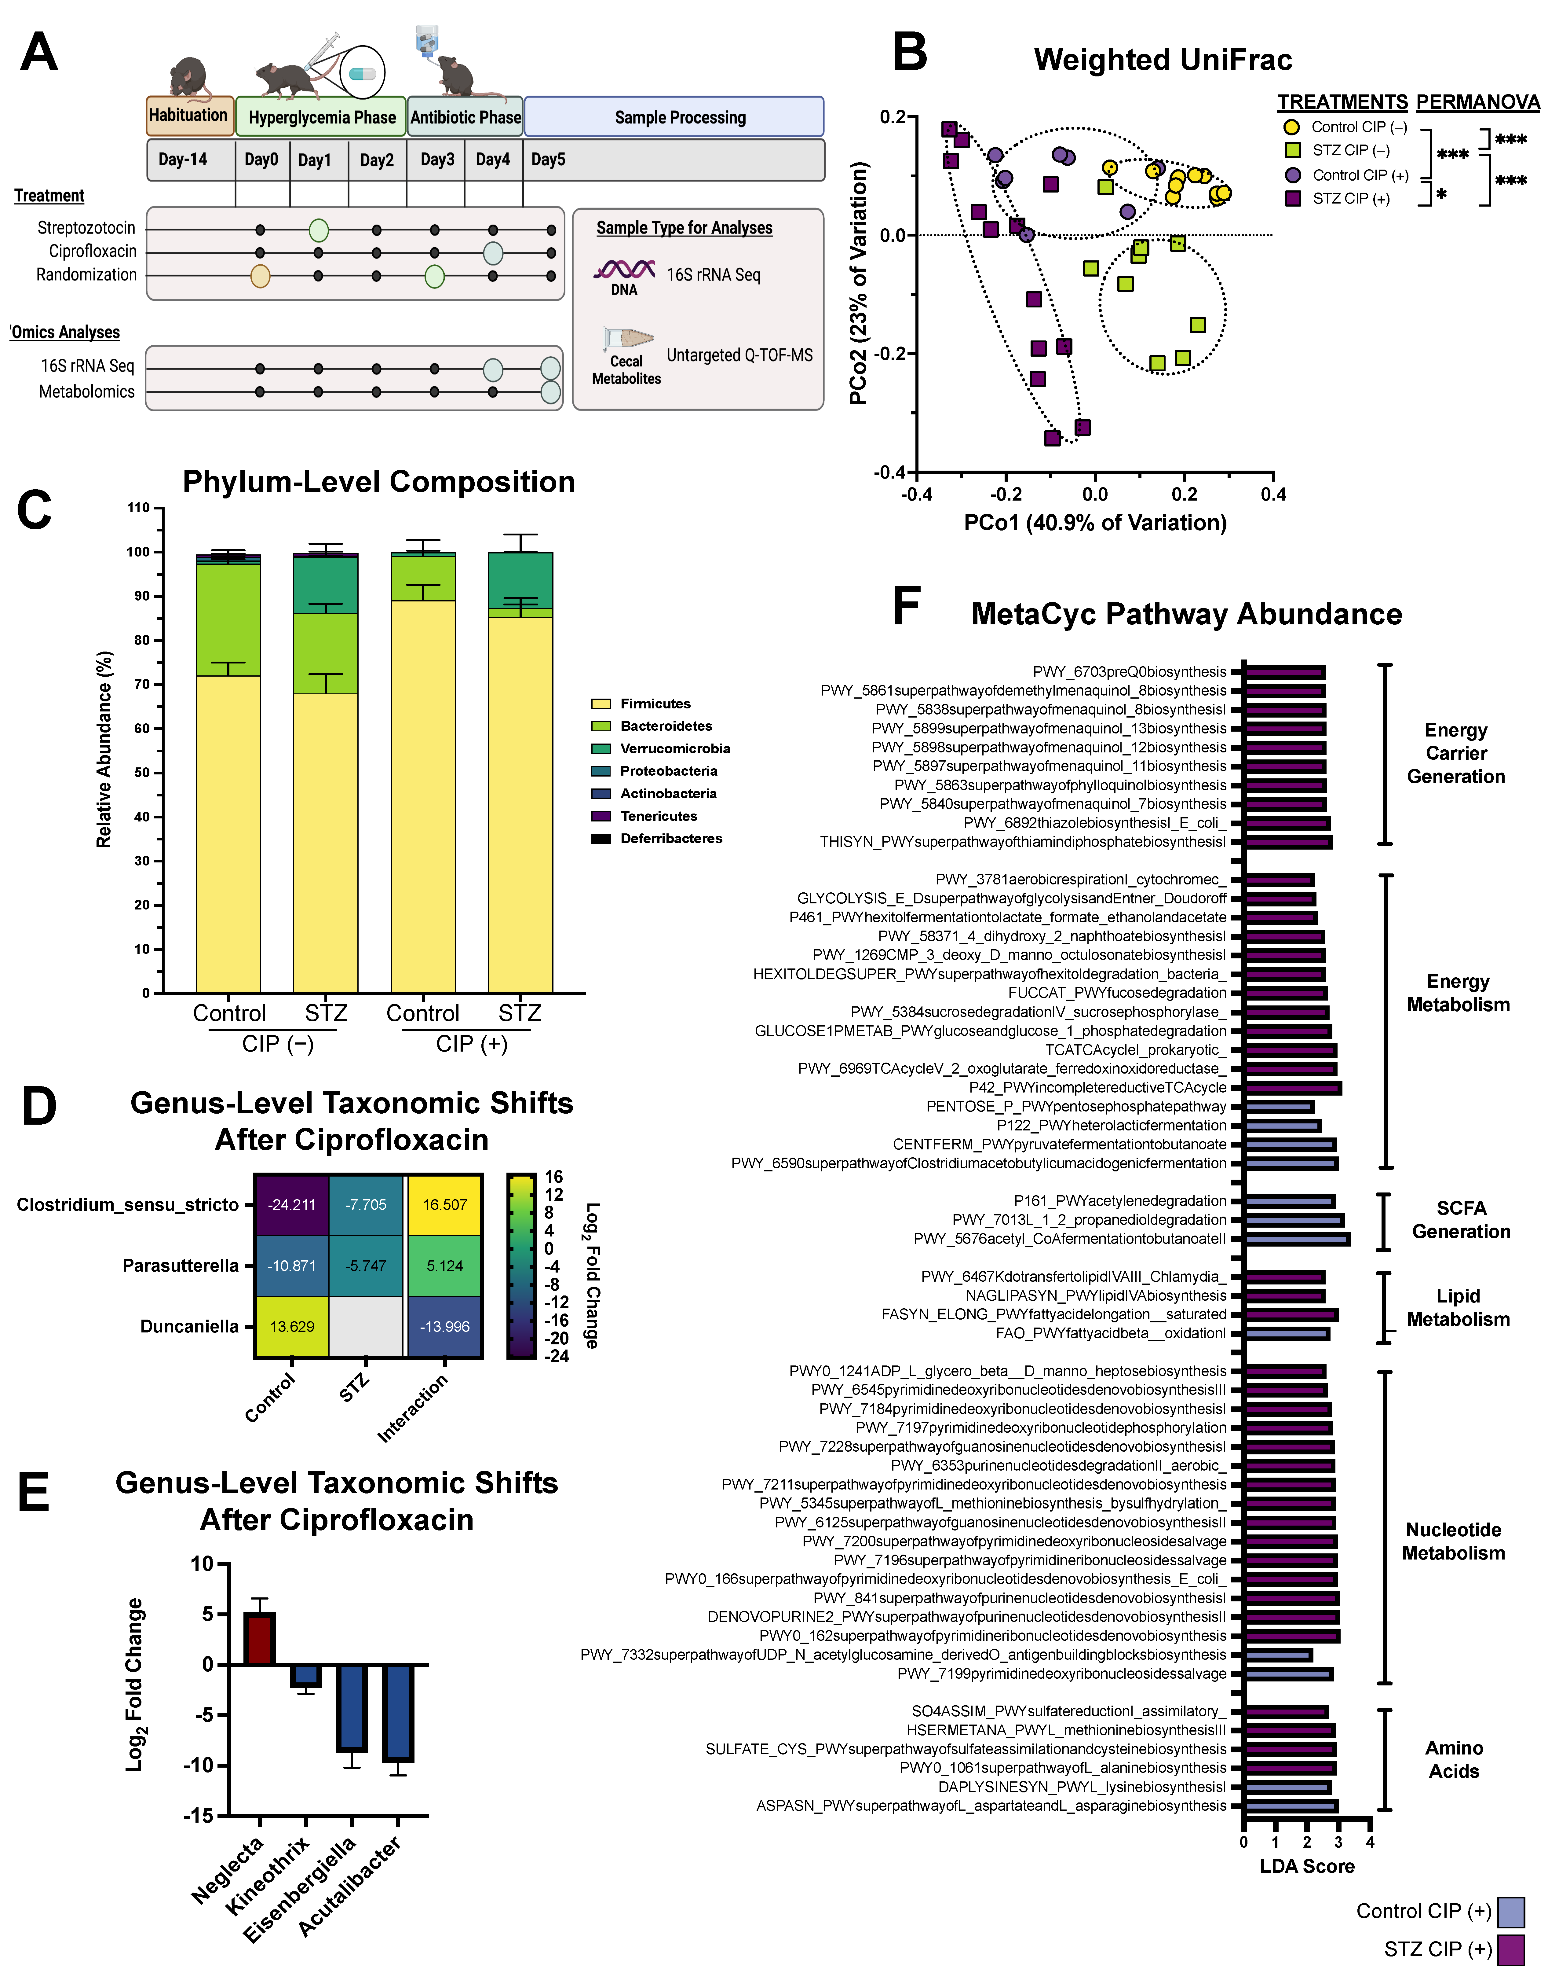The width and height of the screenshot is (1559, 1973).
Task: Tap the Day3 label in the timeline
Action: (x=437, y=160)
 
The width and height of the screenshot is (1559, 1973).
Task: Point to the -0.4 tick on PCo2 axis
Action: (x=889, y=472)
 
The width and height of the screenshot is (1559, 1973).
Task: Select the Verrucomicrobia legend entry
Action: (x=674, y=749)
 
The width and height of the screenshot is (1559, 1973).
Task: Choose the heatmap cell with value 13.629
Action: (x=292, y=1327)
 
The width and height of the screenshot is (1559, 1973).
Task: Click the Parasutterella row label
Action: (x=180, y=1266)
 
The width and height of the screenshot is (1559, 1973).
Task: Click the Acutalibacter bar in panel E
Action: (x=398, y=1713)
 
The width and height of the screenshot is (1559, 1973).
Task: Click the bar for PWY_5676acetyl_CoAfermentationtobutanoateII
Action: (x=1296, y=1239)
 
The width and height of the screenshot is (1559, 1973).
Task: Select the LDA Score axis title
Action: (x=1307, y=1866)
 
